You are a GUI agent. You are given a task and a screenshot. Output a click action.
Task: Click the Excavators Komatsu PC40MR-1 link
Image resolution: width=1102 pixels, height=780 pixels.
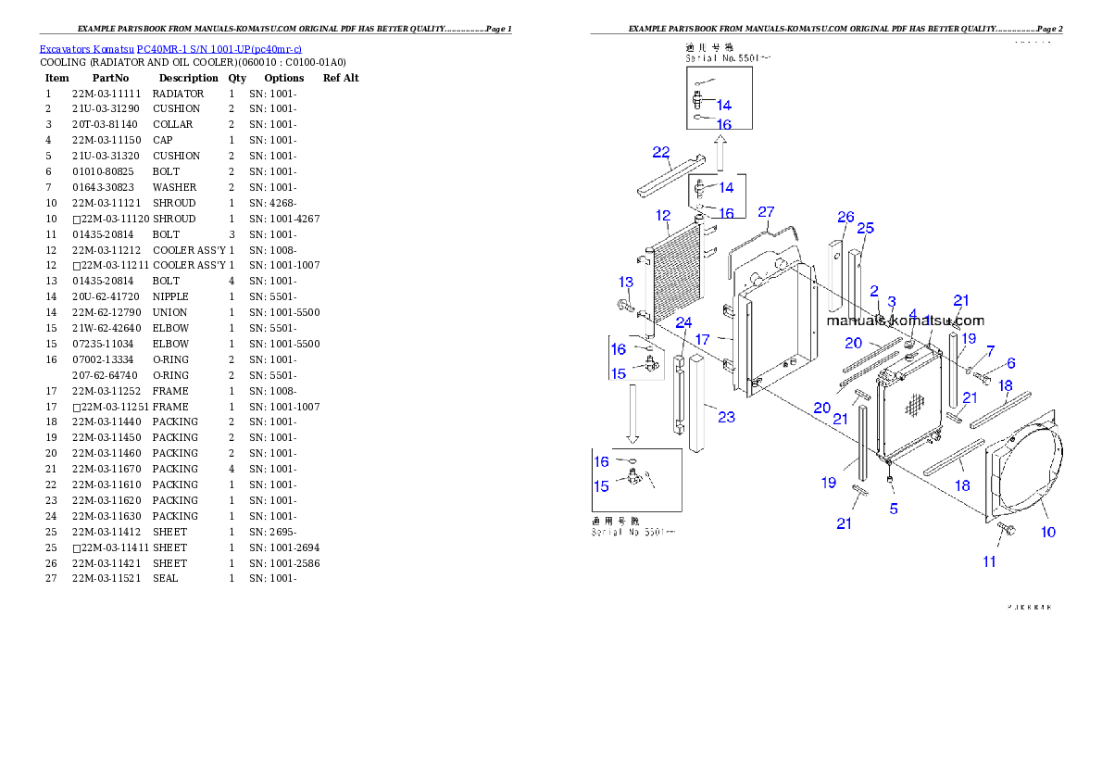(x=170, y=48)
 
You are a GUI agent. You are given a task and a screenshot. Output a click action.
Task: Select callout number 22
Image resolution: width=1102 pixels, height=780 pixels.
(x=661, y=153)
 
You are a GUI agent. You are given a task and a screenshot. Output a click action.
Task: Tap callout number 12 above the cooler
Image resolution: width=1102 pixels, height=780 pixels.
(x=663, y=216)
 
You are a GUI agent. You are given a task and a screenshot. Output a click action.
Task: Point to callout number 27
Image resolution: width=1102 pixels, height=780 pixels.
(x=766, y=212)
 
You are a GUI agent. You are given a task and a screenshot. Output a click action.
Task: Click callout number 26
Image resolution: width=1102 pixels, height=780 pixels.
(x=845, y=217)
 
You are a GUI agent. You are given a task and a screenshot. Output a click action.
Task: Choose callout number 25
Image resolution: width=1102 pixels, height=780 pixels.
(x=865, y=228)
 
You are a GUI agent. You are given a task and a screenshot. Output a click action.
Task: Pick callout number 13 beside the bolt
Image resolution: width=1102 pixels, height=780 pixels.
(x=626, y=282)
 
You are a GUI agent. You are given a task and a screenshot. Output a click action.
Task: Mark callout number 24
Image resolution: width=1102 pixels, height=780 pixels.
(x=683, y=322)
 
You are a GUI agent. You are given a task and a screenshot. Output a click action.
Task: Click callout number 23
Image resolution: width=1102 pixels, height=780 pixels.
(x=726, y=417)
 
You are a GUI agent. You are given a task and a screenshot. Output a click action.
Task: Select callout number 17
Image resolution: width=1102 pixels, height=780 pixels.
(x=702, y=339)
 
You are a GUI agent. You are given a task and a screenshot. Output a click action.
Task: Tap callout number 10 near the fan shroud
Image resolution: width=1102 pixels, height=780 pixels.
(x=1048, y=532)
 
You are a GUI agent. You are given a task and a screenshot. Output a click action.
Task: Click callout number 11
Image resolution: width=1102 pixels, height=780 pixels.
(x=989, y=561)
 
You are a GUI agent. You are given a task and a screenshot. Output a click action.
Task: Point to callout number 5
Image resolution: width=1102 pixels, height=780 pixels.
(x=894, y=509)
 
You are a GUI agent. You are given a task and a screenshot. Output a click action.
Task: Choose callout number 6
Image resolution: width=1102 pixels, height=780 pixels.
(x=1010, y=364)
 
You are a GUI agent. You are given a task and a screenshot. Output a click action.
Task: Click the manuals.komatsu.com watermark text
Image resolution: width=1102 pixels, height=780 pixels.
(x=905, y=321)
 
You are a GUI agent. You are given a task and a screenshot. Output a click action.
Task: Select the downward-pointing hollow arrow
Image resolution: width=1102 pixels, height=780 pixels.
(x=633, y=413)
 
